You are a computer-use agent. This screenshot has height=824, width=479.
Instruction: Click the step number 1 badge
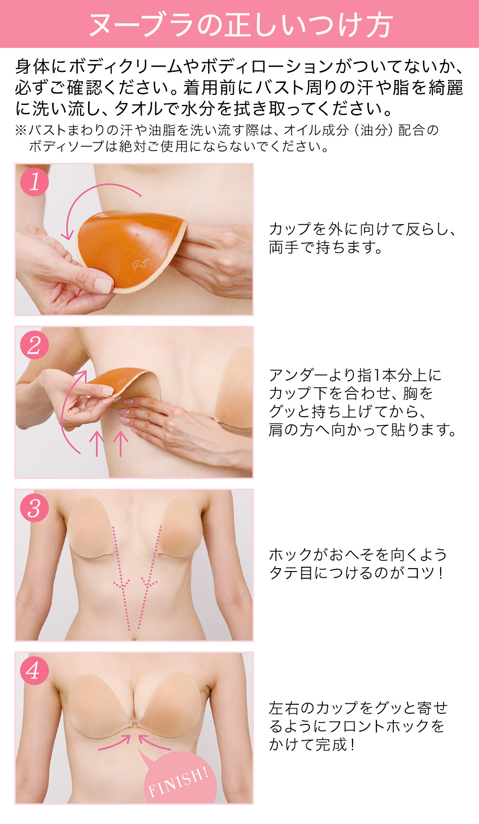34,182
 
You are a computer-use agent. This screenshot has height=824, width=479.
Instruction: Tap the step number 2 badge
34,345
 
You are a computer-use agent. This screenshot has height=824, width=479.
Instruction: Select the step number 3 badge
34,508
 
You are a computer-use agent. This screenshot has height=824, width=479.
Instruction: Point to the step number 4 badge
34,671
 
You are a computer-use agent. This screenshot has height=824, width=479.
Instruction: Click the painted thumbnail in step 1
103,286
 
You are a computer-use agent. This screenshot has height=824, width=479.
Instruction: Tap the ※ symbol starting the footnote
21,130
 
